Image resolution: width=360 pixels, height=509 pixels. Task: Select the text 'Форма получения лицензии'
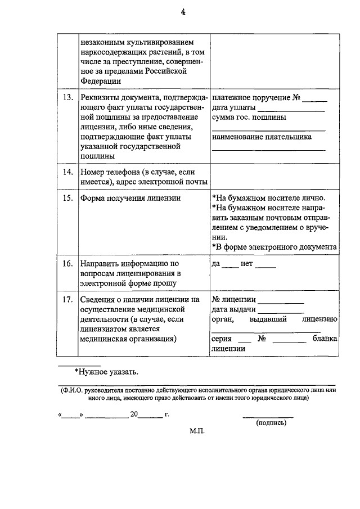coord(130,198)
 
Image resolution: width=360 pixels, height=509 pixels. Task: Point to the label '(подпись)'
coord(271,423)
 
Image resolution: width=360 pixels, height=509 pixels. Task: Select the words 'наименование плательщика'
coord(262,137)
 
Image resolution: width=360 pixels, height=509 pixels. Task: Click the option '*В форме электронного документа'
coord(274,247)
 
